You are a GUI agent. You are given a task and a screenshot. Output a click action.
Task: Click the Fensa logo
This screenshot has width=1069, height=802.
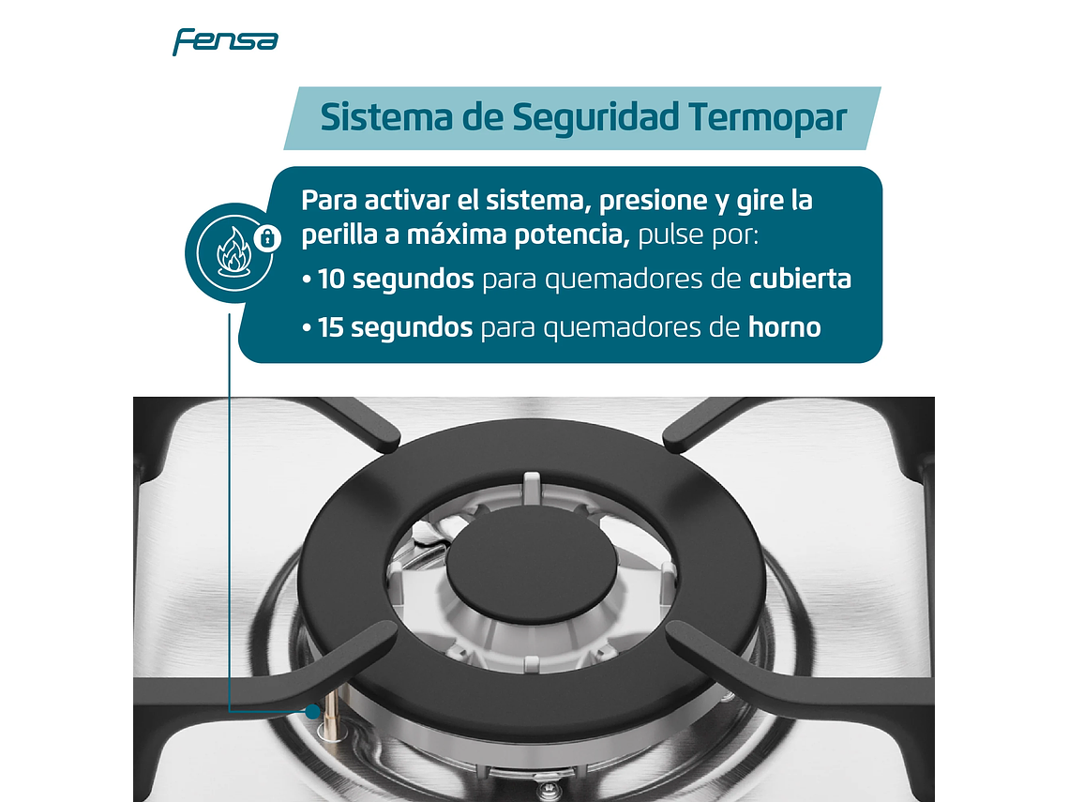225,41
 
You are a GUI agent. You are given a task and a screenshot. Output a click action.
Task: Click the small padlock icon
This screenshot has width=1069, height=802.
267,238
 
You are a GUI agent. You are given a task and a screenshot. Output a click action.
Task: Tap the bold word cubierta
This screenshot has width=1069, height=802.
800,280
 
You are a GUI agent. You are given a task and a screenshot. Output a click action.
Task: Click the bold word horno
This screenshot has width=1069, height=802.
784,328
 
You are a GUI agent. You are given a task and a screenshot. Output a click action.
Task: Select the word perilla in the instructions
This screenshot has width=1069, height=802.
337,235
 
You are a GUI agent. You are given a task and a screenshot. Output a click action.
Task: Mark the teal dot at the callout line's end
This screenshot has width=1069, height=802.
312,713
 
